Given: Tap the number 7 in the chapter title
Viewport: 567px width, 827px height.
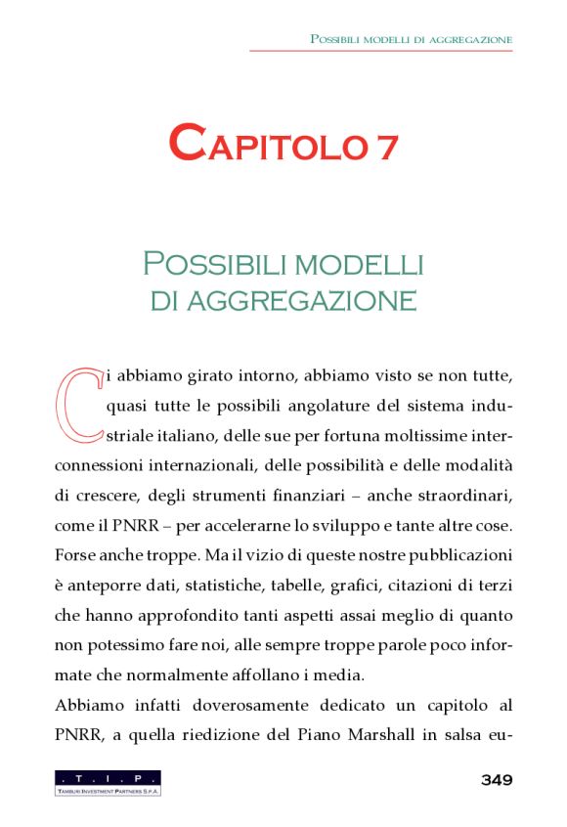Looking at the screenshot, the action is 383,144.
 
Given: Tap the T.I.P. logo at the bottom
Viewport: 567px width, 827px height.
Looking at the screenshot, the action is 108,782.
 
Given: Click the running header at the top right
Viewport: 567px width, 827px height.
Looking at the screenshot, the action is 411,39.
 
